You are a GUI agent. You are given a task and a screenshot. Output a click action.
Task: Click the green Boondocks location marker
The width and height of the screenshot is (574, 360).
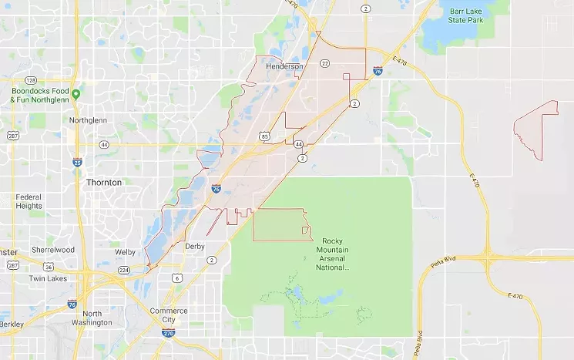tap(76, 95)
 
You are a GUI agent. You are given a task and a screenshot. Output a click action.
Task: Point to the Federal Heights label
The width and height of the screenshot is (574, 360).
tap(29, 201)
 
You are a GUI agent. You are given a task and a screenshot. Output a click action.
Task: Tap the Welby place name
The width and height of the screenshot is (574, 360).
tap(126, 252)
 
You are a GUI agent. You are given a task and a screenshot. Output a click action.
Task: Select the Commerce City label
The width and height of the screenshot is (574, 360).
tap(168, 315)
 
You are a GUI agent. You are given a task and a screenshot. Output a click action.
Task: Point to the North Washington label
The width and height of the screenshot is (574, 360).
tap(92, 318)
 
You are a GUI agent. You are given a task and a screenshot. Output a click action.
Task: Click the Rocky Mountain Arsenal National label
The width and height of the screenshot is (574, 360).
tap(334, 255)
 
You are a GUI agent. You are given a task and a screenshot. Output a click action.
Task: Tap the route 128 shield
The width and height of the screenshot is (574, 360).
tap(30, 80)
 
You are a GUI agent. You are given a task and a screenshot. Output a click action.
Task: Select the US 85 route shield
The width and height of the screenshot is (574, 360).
tap(264, 136)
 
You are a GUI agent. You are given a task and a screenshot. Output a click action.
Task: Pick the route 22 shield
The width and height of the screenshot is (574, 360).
tap(325, 62)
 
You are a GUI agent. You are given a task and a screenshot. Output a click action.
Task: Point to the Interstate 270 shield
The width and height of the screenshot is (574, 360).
tap(168, 333)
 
